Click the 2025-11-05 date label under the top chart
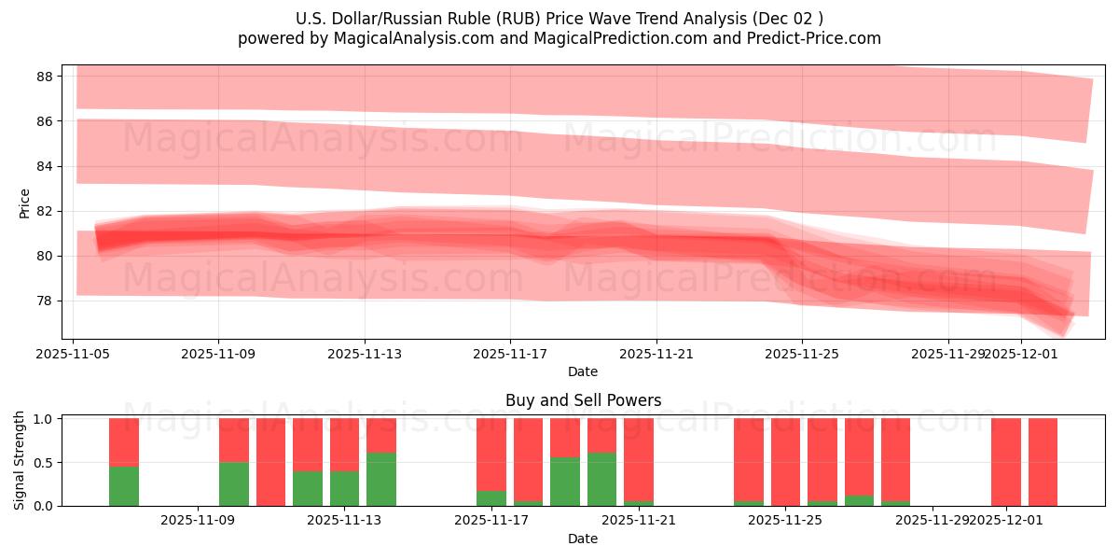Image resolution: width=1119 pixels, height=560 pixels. tap(74, 354)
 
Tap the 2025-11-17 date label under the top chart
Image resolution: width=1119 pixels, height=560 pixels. tap(510, 354)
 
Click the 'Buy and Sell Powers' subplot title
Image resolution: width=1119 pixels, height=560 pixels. tap(583, 400)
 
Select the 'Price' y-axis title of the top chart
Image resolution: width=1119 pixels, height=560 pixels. tap(25, 203)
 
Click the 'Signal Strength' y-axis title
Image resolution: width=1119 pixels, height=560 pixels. tap(21, 461)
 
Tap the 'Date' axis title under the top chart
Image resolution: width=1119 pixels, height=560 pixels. tap(583, 371)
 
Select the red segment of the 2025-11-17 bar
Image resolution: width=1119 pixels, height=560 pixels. tap(491, 454)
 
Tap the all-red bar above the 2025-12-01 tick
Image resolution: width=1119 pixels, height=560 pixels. tap(1006, 462)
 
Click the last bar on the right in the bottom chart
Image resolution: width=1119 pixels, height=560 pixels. tap(1043, 462)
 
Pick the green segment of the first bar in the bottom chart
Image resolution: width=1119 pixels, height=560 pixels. tap(124, 485)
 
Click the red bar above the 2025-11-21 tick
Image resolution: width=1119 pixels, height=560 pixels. tap(639, 459)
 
